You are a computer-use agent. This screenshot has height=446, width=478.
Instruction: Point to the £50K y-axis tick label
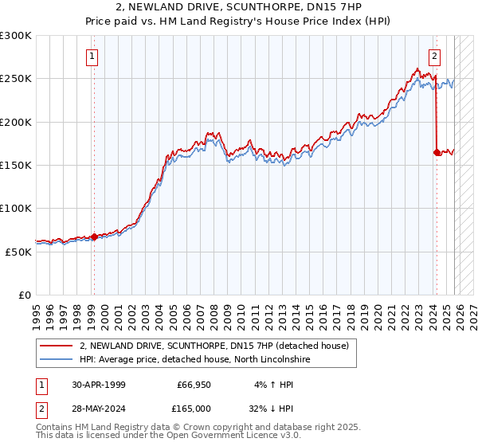[18, 251]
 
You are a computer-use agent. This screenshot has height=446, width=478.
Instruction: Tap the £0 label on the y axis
[24, 295]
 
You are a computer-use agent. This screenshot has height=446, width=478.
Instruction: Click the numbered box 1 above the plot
[93, 57]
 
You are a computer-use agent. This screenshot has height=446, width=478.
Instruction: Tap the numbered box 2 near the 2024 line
[434, 57]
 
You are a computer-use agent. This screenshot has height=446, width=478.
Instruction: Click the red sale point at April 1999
[94, 237]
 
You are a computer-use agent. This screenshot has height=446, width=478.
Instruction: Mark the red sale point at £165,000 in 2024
[437, 152]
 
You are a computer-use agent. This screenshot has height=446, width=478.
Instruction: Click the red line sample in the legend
[57, 346]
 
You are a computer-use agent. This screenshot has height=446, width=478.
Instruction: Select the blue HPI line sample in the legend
[57, 360]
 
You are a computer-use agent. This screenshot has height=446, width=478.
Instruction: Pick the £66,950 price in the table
[194, 384]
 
